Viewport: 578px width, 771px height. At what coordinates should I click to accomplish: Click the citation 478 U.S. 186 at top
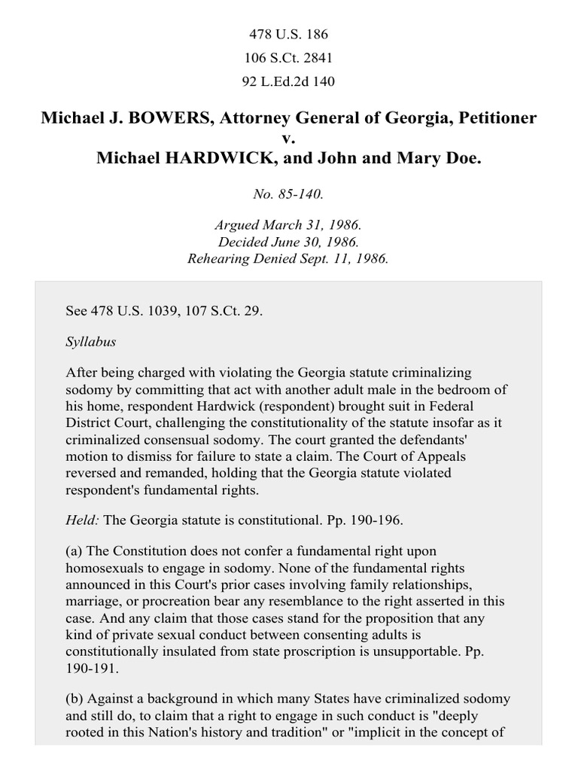tap(289, 35)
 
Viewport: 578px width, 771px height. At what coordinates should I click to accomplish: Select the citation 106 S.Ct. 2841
tap(289, 57)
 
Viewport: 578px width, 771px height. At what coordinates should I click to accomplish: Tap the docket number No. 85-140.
tap(289, 194)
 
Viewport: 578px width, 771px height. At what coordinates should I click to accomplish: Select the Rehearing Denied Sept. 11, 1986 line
tap(289, 259)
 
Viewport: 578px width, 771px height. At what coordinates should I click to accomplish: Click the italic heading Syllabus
tap(91, 341)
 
